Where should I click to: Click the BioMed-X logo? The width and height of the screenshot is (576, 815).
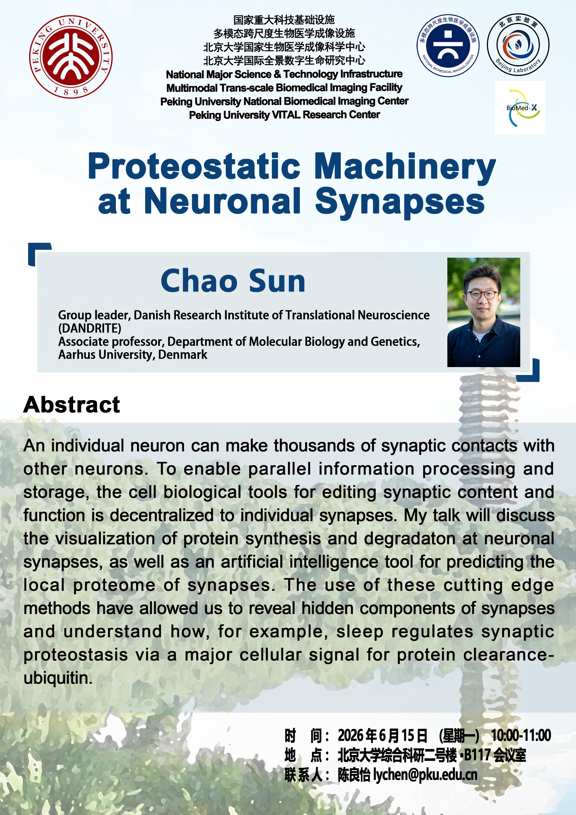click(x=520, y=108)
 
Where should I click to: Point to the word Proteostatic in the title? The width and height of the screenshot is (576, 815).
click(x=194, y=166)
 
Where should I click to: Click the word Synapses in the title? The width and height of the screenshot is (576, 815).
click(x=400, y=202)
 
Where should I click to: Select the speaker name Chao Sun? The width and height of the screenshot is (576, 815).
click(x=233, y=281)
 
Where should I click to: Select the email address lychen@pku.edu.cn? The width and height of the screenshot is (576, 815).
click(x=425, y=775)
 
